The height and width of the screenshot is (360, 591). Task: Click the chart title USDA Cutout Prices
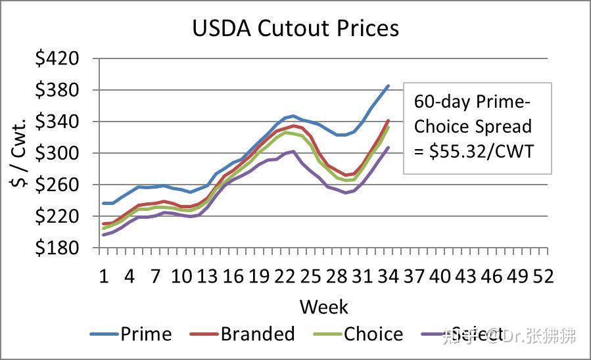point(295,28)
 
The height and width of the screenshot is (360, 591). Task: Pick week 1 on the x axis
point(103,276)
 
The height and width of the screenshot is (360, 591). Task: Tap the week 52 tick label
point(543,276)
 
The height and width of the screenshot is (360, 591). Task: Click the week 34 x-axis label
point(388,276)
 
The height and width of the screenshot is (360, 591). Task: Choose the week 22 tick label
point(284,276)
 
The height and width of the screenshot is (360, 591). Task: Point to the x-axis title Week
point(323,306)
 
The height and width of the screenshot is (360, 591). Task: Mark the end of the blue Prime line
point(388,85)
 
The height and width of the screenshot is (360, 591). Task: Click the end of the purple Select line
point(388,148)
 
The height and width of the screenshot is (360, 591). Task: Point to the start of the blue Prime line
point(104,203)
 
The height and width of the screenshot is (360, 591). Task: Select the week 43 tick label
point(465,276)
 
